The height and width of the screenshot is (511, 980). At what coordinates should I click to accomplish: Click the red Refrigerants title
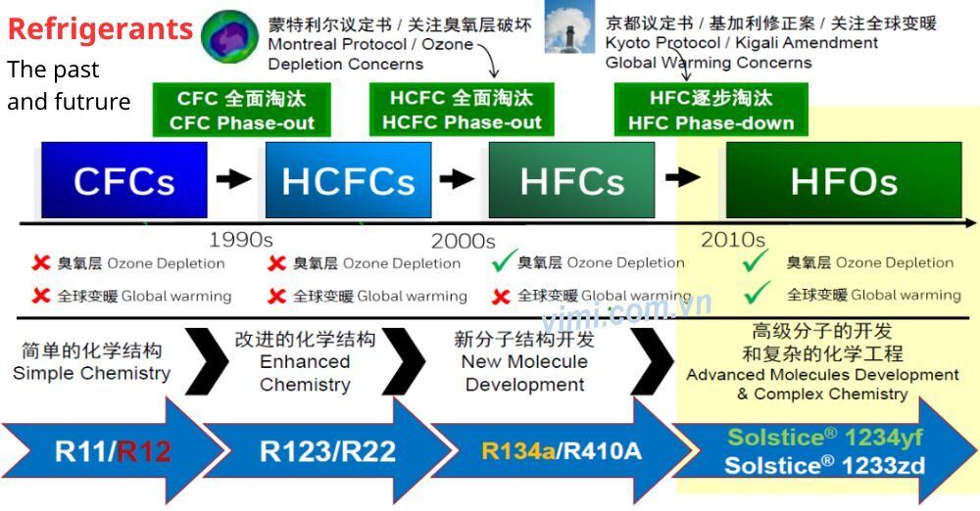[x=100, y=28]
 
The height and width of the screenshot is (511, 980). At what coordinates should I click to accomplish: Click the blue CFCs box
[x=124, y=180]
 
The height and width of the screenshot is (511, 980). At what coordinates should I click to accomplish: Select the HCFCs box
[x=348, y=180]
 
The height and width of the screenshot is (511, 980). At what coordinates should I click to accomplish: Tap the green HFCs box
[x=572, y=180]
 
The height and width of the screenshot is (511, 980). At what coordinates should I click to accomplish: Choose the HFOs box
[x=844, y=180]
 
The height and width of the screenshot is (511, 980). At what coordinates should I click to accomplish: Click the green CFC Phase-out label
[x=242, y=111]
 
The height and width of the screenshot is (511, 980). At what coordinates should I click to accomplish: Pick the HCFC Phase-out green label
[x=462, y=111]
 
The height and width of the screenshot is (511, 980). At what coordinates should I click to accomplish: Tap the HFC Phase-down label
[x=710, y=111]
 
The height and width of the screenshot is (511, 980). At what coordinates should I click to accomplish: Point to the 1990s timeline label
[x=241, y=240]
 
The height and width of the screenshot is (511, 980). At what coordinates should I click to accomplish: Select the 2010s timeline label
[x=732, y=240]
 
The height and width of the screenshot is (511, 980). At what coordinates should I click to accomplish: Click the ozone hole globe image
[x=229, y=35]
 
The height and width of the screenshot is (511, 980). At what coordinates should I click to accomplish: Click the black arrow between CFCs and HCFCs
[x=234, y=179]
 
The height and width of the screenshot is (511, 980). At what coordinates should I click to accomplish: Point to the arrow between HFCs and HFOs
[x=683, y=177]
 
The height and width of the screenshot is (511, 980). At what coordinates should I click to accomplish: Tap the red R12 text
[x=144, y=451]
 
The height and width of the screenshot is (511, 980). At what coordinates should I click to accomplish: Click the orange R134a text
[x=518, y=451]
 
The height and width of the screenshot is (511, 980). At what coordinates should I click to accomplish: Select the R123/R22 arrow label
[x=327, y=451]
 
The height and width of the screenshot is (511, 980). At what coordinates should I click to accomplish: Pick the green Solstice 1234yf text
[x=824, y=437]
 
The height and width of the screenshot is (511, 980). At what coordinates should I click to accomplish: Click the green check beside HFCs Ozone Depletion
[x=505, y=261]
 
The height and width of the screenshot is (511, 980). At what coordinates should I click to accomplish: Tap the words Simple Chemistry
[x=91, y=374]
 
